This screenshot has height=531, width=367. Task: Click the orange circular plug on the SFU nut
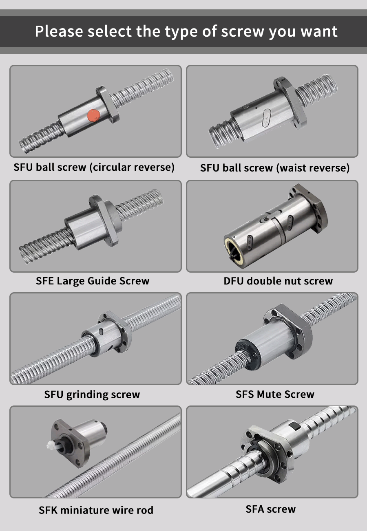point(93,115)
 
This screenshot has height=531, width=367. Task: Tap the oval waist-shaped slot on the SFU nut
point(266,118)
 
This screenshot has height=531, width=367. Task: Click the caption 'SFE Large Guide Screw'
point(93,281)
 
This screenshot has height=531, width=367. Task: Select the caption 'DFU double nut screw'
point(278,281)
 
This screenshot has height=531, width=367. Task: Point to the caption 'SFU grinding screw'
point(92,395)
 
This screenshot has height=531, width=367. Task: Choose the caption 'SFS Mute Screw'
point(275,394)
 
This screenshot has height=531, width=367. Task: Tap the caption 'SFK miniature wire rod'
point(96,510)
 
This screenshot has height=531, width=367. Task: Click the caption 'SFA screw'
point(271,509)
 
